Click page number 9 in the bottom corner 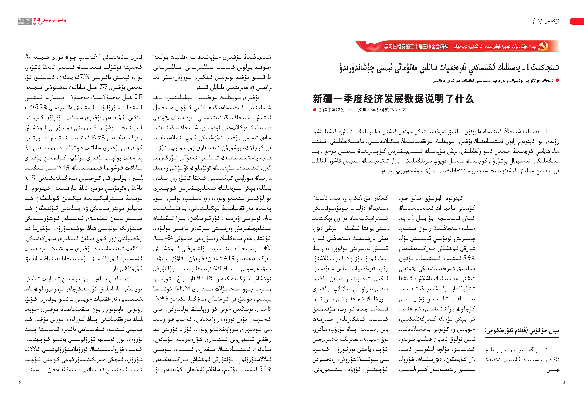coord(20,382)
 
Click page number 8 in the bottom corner coord(563,382)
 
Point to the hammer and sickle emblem coord(543,46)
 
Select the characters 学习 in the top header coord(536,21)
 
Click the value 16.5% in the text coord(98,137)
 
